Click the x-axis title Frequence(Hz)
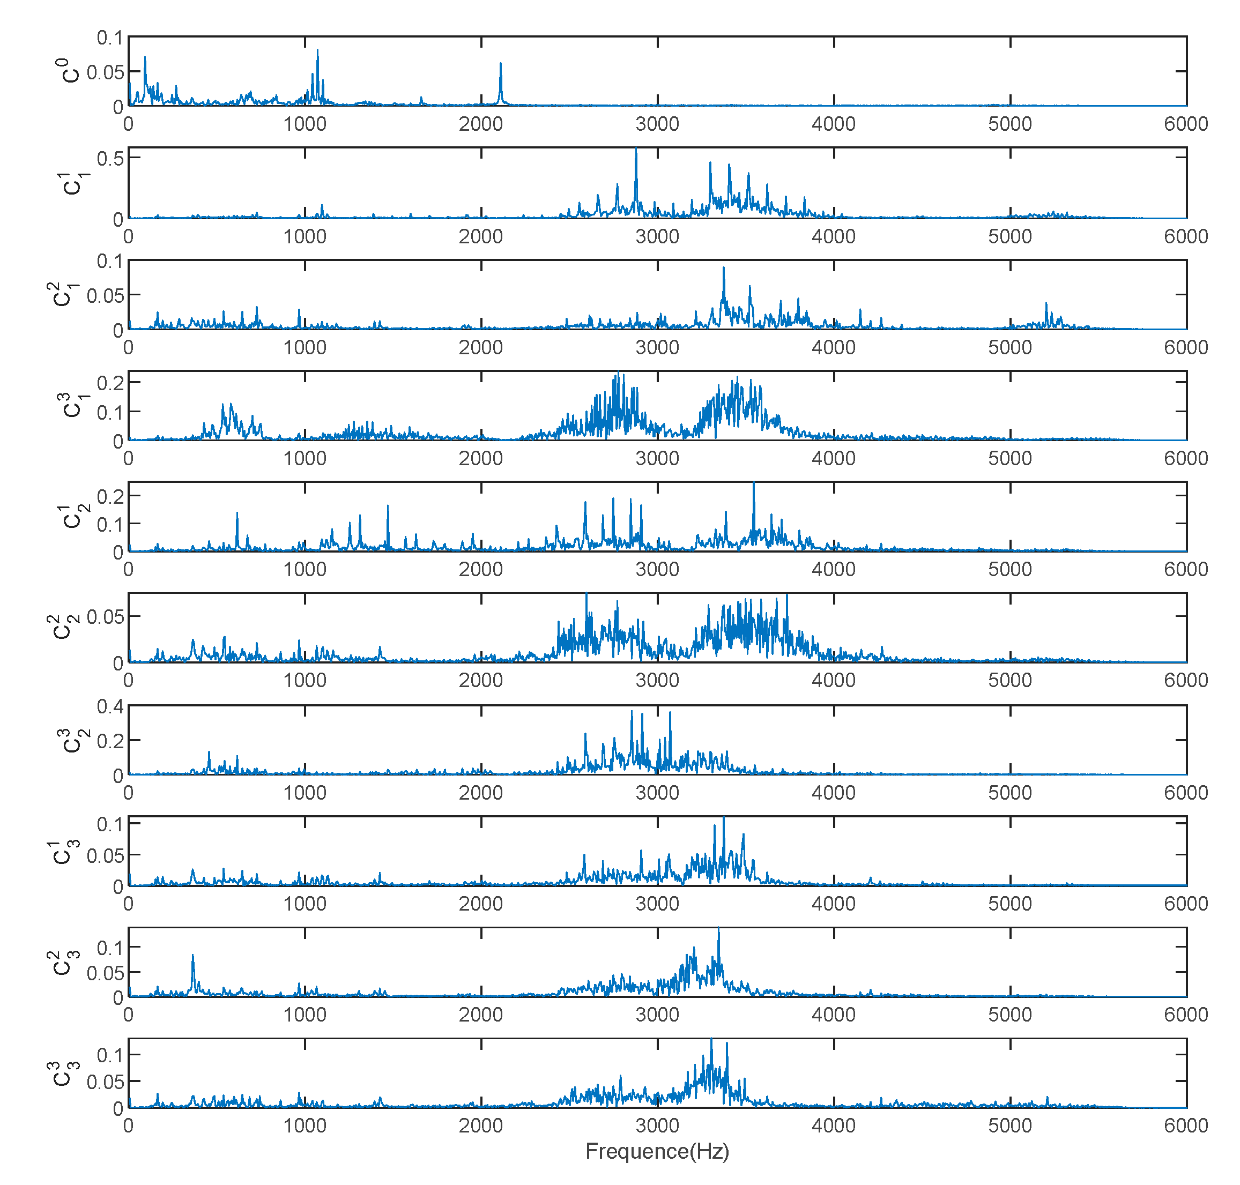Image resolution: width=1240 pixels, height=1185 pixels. (x=657, y=1151)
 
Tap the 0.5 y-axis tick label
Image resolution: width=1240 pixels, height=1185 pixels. (x=110, y=158)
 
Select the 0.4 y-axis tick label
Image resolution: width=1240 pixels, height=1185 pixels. (x=110, y=706)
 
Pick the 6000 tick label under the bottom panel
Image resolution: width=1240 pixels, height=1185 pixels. (x=1186, y=1125)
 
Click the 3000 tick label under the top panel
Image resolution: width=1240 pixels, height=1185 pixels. (x=657, y=124)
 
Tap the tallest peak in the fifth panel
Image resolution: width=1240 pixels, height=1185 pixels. (x=754, y=485)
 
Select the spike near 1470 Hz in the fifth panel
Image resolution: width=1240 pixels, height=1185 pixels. (x=388, y=506)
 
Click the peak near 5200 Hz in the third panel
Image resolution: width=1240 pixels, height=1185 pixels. (x=1046, y=304)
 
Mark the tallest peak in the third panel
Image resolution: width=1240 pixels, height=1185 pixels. (x=724, y=269)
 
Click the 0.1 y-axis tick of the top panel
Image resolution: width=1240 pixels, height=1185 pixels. (x=110, y=38)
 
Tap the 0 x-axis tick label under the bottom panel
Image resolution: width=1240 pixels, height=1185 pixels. (x=128, y=1125)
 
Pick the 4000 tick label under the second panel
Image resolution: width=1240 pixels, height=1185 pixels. (x=833, y=236)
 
